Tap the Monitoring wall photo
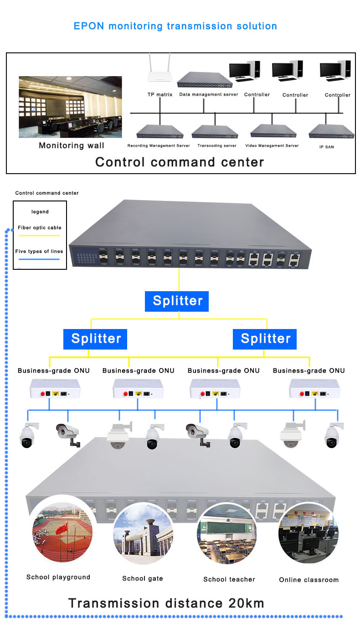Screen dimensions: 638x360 pos(70,107)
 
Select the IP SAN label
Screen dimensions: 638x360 pos(326,147)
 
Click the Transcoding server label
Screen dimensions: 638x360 pos(217,146)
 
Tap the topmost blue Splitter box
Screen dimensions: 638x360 pos(177,301)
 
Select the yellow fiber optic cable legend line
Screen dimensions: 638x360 pos(39,236)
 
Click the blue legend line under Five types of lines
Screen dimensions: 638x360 pos(39,259)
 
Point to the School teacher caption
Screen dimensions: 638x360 pos(229,579)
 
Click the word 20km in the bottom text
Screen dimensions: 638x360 pos(246,603)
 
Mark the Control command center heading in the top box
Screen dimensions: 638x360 pos(180,162)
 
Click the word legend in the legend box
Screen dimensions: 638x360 pos(40,212)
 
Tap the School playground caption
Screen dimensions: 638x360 pos(58,577)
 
